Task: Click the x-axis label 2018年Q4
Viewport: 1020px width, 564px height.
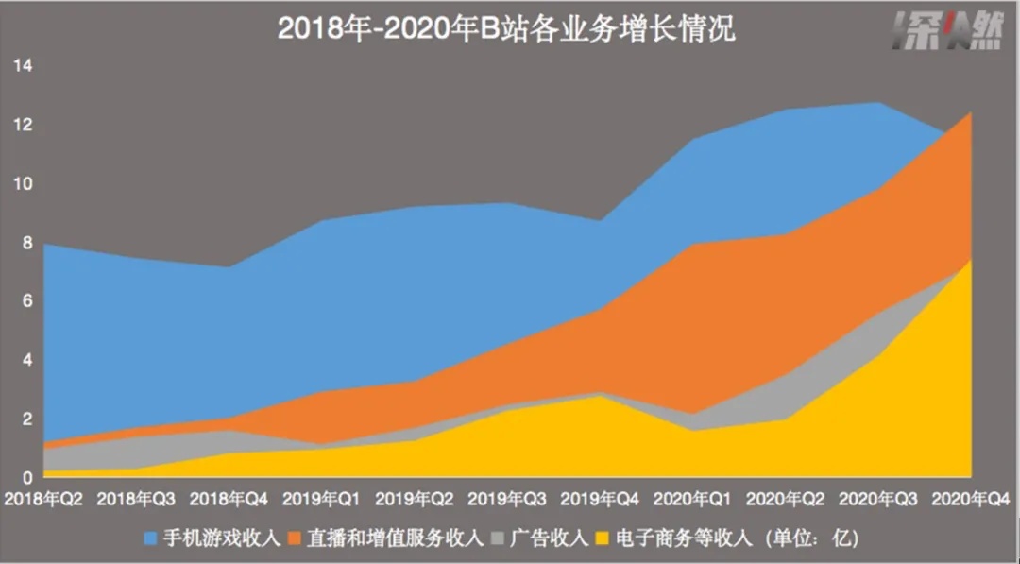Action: coord(229,497)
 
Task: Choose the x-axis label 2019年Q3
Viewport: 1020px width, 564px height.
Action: coord(508,497)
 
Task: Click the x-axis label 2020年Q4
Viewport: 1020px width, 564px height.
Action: coord(973,497)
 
